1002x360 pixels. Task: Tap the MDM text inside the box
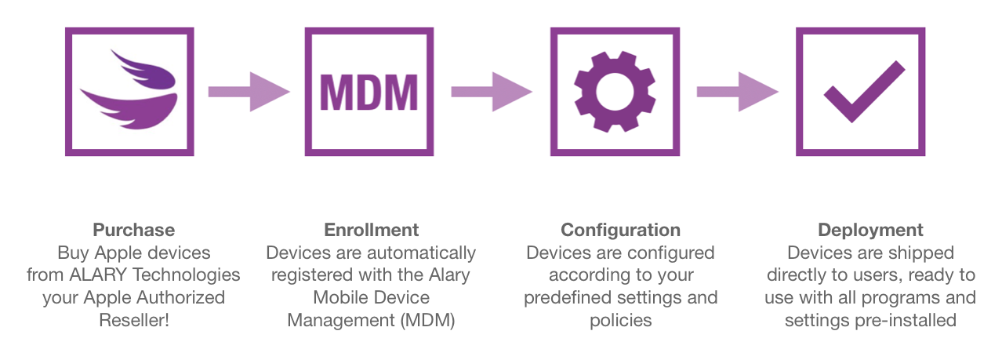[x=368, y=93]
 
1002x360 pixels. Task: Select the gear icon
[x=614, y=92]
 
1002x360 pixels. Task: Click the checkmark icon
[x=859, y=92]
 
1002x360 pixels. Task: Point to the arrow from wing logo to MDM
[x=249, y=92]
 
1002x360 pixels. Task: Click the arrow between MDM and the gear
[x=492, y=92]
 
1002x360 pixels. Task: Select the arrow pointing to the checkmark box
[x=737, y=92]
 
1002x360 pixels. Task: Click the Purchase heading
[x=133, y=230]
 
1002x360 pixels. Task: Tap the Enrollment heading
[x=372, y=230]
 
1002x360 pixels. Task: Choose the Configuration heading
[x=620, y=230]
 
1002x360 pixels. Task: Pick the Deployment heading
[x=870, y=230]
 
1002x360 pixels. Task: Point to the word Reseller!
[x=133, y=320]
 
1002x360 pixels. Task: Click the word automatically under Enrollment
[x=427, y=253]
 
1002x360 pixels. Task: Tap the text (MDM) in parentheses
[x=427, y=320]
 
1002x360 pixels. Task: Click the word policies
[x=620, y=320]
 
